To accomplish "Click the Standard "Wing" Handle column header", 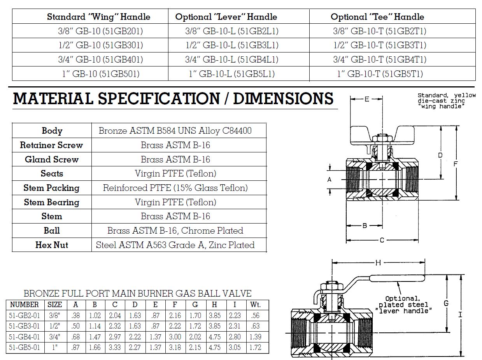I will [x=98, y=17].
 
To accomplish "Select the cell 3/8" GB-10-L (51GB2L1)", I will [x=231, y=31].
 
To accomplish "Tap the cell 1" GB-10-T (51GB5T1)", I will [x=380, y=74].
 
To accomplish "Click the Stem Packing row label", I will [x=51, y=188].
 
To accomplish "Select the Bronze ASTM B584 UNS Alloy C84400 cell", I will [x=175, y=131].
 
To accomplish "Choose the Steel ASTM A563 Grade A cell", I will [x=175, y=245].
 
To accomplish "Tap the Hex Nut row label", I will [x=51, y=245].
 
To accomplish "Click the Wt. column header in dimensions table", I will [x=255, y=305].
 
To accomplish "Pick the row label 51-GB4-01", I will [x=24, y=337].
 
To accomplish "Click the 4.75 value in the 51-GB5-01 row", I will [x=214, y=347].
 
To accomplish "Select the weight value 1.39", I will [x=255, y=337].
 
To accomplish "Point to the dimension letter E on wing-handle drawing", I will [x=366, y=99].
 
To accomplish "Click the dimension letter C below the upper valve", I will [x=382, y=240].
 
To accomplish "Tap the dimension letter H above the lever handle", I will [x=378, y=263].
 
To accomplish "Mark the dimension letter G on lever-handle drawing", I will [x=446, y=303].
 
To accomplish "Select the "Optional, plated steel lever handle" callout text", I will [x=403, y=305].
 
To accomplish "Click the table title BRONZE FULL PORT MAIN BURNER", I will [x=137, y=294].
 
